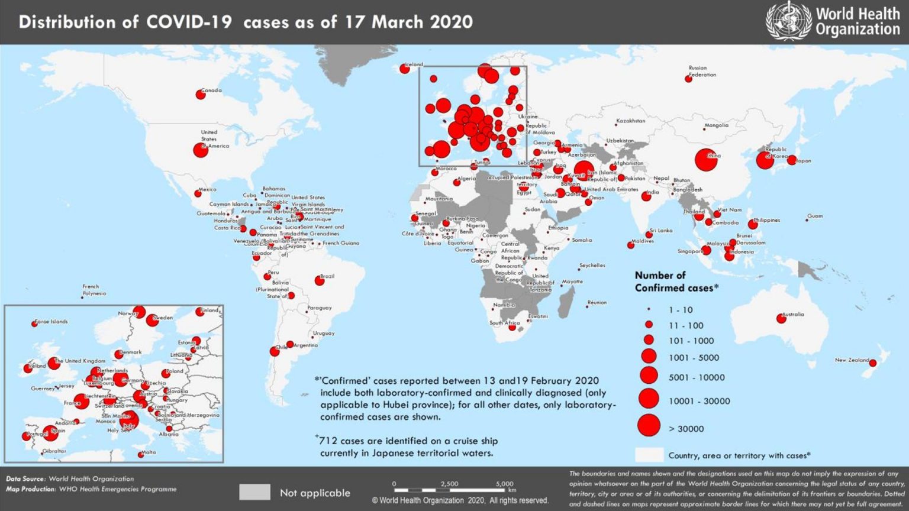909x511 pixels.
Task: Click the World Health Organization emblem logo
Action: click(788, 21)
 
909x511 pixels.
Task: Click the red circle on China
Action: click(706, 160)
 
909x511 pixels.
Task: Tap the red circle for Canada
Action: click(201, 95)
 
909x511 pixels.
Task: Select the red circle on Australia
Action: click(781, 318)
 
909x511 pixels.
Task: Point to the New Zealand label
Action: click(852, 360)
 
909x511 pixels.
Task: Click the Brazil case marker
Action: click(320, 281)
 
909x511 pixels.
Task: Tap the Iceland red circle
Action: click(405, 69)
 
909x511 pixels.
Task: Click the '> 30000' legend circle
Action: click(649, 425)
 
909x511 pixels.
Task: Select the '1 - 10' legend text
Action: click(681, 310)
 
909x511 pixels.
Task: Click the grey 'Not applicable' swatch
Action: click(254, 492)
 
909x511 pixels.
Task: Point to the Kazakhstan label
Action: click(630, 121)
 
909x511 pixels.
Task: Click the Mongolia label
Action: click(716, 125)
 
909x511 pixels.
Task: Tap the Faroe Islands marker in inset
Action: click(34, 324)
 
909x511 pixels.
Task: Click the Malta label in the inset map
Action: click(149, 452)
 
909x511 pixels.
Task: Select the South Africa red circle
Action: click(512, 327)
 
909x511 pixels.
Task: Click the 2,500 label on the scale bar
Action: click(449, 484)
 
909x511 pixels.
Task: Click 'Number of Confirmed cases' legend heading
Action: click(676, 282)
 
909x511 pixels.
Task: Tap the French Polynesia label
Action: click(94, 290)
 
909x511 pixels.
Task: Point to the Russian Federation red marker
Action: click(688, 79)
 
